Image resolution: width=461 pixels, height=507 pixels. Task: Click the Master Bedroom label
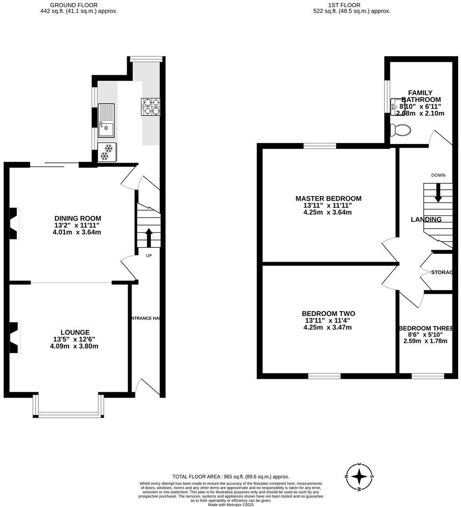click(x=328, y=198)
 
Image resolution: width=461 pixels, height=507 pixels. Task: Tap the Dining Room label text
click(x=77, y=218)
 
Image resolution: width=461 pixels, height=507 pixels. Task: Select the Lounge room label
click(x=75, y=332)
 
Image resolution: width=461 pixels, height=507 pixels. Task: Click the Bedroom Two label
click(x=328, y=314)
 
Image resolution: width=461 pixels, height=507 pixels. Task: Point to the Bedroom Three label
click(x=426, y=328)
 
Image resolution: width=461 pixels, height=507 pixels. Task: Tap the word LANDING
click(x=426, y=219)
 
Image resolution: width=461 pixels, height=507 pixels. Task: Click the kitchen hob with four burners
click(x=150, y=107)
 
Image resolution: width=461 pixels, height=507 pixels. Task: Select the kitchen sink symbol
click(x=106, y=120)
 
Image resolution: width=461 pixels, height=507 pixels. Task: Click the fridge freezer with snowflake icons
click(x=106, y=152)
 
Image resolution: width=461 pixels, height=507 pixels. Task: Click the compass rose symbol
click(x=359, y=477)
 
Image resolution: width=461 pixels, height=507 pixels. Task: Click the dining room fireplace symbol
click(x=14, y=223)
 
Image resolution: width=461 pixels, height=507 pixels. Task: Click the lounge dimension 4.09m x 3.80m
click(x=75, y=346)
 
